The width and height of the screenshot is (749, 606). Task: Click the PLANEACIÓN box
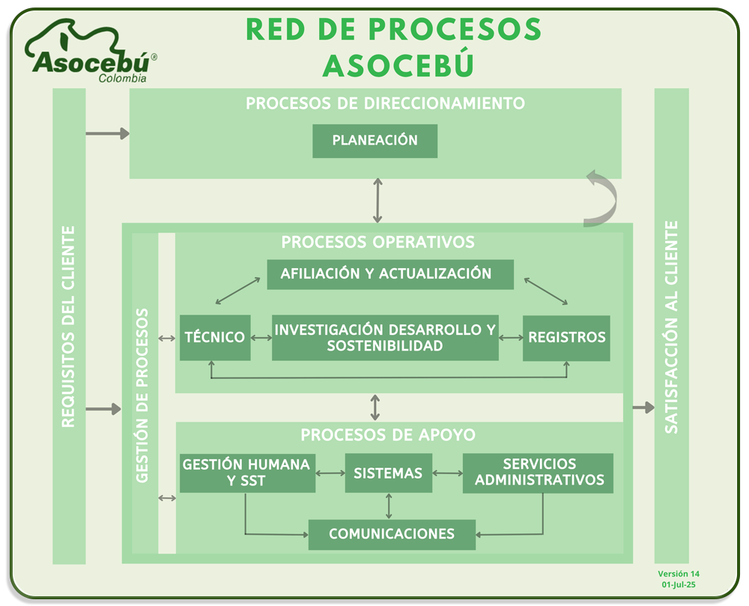tap(374, 141)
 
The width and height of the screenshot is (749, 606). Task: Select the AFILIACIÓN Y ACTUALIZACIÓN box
tap(390, 274)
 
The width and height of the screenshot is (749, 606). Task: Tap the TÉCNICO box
tap(215, 338)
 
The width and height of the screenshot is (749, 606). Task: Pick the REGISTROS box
tap(566, 338)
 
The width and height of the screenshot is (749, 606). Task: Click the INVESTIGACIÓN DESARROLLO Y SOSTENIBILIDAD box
tap(385, 338)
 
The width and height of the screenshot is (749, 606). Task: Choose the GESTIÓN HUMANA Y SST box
tap(246, 473)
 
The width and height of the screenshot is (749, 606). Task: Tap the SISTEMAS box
tap(388, 473)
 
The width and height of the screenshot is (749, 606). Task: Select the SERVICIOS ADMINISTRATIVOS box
tap(539, 473)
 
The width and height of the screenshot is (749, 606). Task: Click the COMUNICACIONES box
tap(392, 534)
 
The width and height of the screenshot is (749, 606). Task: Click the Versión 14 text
tap(679, 574)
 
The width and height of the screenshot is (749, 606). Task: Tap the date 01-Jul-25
tap(679, 585)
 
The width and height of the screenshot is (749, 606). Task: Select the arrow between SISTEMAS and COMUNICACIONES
tap(388, 506)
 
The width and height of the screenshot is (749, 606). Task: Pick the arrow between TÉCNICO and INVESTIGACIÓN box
tap(261, 338)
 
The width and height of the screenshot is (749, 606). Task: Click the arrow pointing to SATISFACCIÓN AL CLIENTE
tap(643, 407)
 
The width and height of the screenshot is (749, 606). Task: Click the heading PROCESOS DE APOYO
tap(388, 435)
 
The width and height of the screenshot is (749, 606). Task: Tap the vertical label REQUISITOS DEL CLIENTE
tap(68, 326)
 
